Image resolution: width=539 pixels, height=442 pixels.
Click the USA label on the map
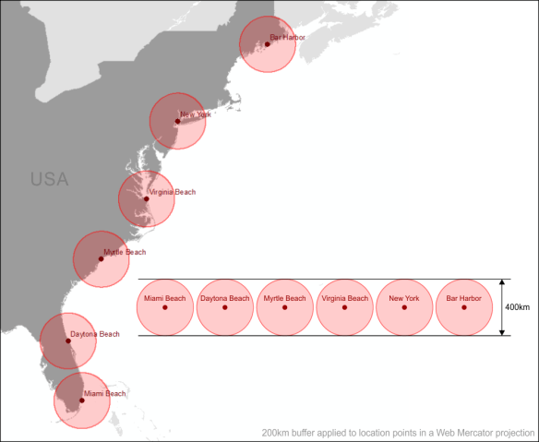click(49, 179)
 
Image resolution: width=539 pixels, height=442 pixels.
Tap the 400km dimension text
click(518, 307)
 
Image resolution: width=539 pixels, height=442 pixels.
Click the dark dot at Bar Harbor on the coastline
click(267, 44)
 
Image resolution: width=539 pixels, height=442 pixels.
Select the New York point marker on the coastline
click(177, 121)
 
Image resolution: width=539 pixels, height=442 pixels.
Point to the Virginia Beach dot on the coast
click(146, 198)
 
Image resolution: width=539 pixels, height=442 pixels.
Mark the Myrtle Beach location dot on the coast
click(101, 258)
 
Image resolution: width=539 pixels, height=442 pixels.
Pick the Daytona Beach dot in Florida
click(67, 340)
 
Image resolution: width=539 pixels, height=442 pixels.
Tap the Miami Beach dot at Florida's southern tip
click(81, 400)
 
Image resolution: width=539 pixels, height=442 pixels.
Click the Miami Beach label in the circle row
click(165, 298)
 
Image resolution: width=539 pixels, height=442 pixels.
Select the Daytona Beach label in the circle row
click(225, 298)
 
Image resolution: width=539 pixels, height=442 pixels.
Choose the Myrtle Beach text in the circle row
click(284, 298)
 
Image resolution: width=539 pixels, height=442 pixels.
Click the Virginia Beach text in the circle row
click(344, 298)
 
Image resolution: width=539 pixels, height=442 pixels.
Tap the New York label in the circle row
click(404, 298)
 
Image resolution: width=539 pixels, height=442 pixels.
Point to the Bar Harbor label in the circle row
click(463, 298)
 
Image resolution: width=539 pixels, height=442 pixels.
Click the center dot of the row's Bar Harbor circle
click(463, 307)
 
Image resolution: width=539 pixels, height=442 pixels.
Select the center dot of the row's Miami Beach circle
click(165, 307)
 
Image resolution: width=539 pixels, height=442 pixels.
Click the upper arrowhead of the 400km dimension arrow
click(502, 282)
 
